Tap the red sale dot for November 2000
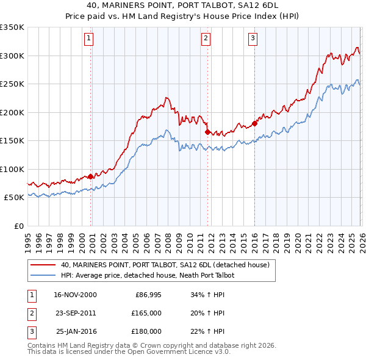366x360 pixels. [91, 176]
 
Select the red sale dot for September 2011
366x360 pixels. [208, 132]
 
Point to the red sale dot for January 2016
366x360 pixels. [254, 123]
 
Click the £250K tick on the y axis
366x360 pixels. [12, 84]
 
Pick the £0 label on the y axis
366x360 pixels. [18, 226]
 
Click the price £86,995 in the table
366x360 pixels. [147, 295]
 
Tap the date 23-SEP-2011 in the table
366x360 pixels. [75, 313]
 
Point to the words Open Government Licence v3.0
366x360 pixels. [176, 352]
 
